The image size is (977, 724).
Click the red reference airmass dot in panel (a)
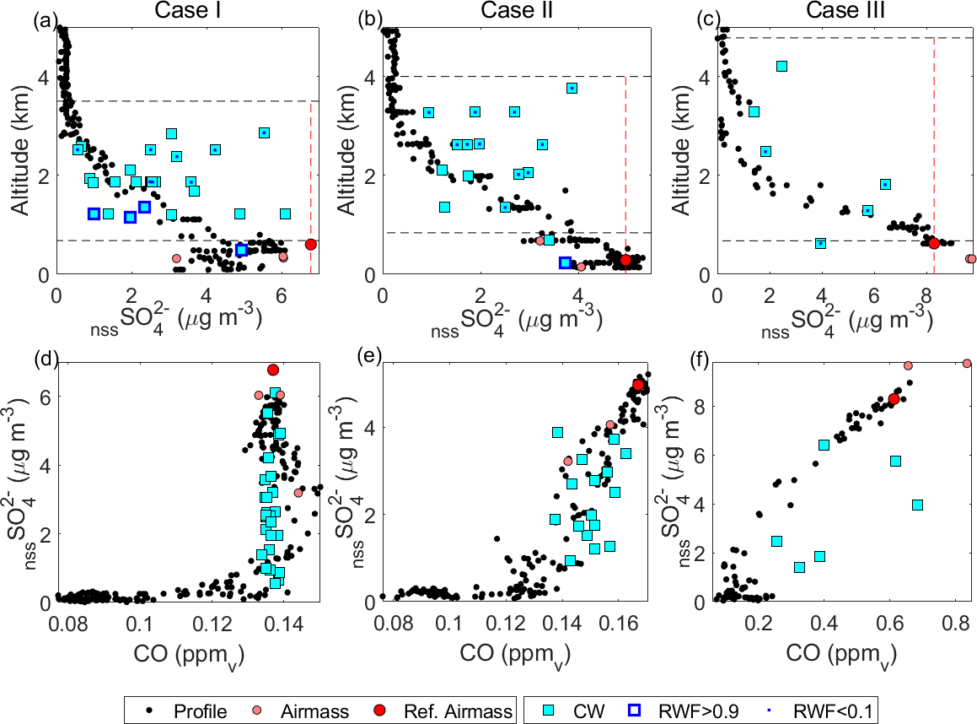pos(310,244)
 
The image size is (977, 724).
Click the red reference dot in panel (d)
pos(272,370)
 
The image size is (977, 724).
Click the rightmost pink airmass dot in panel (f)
pos(966,364)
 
